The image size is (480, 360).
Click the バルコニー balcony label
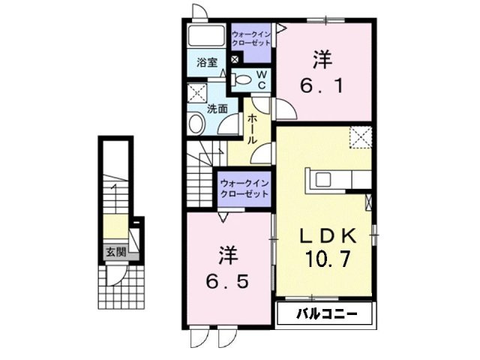click(x=327, y=313)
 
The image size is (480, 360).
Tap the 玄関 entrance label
click(x=116, y=252)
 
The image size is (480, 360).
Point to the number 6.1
click(x=322, y=85)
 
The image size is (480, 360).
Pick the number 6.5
click(x=227, y=282)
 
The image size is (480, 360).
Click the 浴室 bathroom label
click(x=207, y=63)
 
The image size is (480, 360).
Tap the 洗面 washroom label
click(x=217, y=108)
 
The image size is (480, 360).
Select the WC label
click(x=262, y=80)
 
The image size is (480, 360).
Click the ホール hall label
click(x=252, y=129)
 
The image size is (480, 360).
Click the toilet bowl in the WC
click(x=241, y=80)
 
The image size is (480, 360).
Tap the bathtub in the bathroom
click(x=206, y=36)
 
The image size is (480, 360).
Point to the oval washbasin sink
click(x=196, y=123)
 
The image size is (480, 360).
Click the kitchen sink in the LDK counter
click(x=323, y=179)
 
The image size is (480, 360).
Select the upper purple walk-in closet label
click(x=251, y=38)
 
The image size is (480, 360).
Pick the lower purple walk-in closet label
click(x=244, y=189)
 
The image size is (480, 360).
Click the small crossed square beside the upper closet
click(x=235, y=59)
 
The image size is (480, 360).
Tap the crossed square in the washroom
click(x=196, y=93)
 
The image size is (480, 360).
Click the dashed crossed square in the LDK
click(x=361, y=137)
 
